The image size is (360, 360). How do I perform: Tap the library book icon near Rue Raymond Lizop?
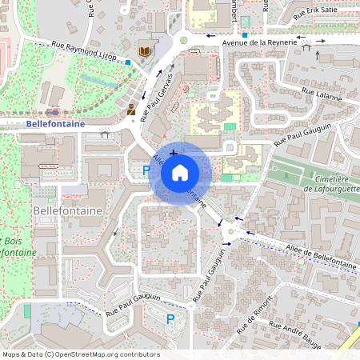144,52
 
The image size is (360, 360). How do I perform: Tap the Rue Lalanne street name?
322,96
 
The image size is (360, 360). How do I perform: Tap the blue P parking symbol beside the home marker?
146,170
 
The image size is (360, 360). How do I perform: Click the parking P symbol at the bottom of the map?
170,319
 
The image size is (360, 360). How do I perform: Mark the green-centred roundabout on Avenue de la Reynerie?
183,38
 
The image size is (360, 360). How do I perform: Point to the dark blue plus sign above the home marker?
174,151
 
